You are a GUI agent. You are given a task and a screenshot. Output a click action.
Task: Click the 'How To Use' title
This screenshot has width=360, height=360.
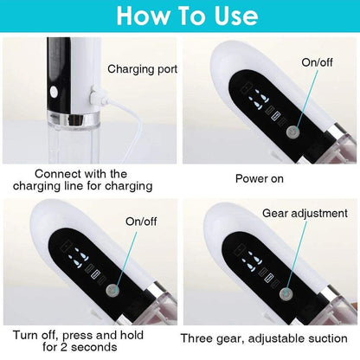pyautogui.click(x=180, y=16)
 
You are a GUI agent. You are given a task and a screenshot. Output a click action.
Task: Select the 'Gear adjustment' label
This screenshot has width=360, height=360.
pyautogui.click(x=305, y=212)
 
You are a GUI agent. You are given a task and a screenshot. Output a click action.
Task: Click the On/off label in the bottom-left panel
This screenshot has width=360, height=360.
pyautogui.click(x=142, y=221)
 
